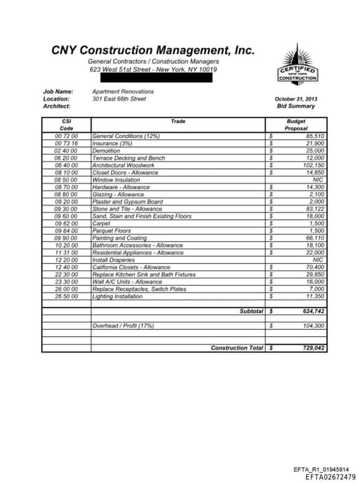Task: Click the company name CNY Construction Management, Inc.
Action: point(153,51)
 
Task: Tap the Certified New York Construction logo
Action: point(298,65)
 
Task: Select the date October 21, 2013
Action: point(296,99)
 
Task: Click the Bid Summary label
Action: point(296,106)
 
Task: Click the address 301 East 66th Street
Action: point(119,99)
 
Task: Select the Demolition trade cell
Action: point(106,151)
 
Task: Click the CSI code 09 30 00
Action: point(66,209)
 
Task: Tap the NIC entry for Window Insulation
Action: point(318,180)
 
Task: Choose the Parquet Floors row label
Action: point(112,231)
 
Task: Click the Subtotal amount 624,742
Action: point(313,311)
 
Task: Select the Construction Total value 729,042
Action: point(313,348)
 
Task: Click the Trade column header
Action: point(179,122)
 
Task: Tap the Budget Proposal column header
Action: point(296,125)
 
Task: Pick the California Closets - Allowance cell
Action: point(131,267)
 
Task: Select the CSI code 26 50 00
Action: point(66,297)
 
